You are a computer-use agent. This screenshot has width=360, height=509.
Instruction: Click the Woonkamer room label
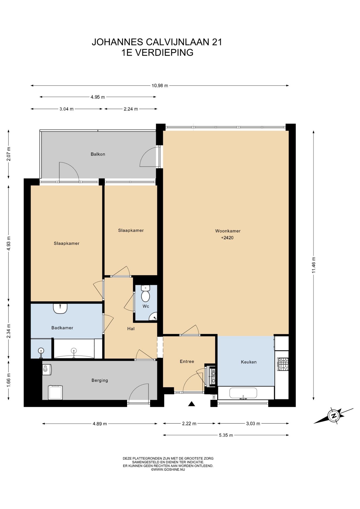point(228,231)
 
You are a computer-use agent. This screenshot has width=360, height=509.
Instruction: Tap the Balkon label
point(98,154)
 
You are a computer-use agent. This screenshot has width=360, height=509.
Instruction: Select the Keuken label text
point(249,362)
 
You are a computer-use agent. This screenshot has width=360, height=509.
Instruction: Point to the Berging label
point(100,380)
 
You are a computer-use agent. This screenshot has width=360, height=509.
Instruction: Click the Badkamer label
point(62,328)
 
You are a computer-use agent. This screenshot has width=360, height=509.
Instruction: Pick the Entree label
point(187,361)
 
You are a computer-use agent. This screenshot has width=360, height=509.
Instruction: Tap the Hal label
point(131,329)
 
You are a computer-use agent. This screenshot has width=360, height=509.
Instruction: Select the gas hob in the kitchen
point(283,364)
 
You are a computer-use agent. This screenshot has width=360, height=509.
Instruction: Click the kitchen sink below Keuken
point(243,393)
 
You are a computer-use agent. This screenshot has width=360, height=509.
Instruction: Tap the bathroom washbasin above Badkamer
point(60,309)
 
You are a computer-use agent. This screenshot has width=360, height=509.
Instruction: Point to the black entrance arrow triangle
point(192,404)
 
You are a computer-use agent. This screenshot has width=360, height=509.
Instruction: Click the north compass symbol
point(333,415)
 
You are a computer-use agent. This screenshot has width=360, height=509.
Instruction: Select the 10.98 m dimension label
point(160,86)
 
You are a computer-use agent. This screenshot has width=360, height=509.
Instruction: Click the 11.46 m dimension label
point(314,265)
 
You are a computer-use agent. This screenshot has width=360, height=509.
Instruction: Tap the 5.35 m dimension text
point(226,435)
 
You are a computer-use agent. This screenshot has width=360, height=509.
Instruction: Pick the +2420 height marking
point(227,238)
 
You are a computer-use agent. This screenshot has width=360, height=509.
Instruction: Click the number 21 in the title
point(217,42)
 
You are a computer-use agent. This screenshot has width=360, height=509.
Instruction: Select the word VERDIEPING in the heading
point(164,52)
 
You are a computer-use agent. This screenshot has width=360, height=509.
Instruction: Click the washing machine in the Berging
point(56,393)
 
